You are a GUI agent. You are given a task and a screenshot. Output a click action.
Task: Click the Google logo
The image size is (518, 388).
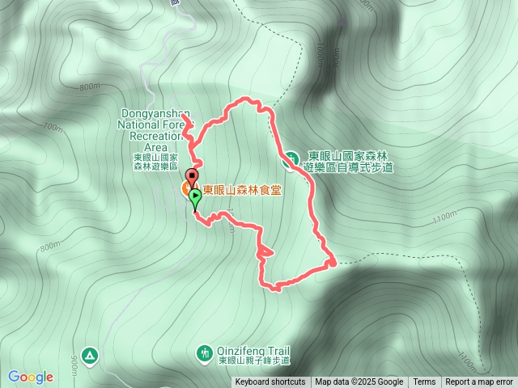[31, 377]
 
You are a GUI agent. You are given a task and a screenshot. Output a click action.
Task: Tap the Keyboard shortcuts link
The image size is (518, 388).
[270, 382]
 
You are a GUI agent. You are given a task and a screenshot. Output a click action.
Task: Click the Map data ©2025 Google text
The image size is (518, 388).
[359, 382]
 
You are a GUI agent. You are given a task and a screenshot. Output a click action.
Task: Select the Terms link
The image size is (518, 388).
[424, 382]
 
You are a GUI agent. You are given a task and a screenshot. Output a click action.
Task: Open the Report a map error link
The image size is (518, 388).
[479, 382]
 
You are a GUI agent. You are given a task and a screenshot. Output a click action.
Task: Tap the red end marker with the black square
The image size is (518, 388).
[192, 175]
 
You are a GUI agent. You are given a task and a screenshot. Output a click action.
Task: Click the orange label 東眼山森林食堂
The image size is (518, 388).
[242, 191]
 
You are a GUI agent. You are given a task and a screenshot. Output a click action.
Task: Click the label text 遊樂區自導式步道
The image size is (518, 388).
[347, 167]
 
